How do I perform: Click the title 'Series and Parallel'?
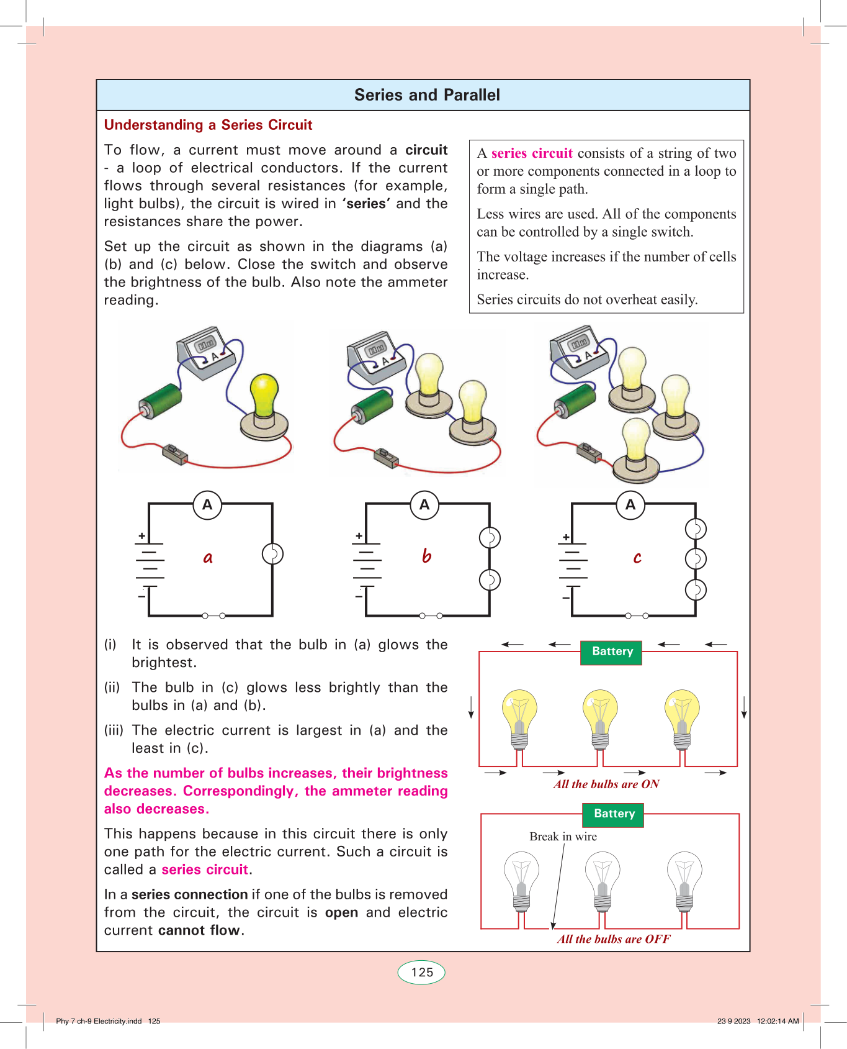pos(427,95)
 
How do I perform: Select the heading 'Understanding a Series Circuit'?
pos(208,125)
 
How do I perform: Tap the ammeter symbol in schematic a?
pos(207,505)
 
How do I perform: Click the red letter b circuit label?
pos(426,556)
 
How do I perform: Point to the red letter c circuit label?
pos(637,558)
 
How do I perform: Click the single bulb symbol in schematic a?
pos(272,554)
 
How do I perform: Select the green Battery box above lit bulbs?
pos(612,652)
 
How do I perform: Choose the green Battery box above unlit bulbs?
pos(614,814)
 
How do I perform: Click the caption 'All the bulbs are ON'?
pos(606,784)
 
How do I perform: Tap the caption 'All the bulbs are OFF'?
pos(614,939)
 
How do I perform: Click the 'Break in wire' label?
pos(563,837)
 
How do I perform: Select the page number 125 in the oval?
pos(422,973)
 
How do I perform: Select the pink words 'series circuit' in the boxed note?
pos(532,153)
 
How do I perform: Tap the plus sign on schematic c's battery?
pos(566,537)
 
